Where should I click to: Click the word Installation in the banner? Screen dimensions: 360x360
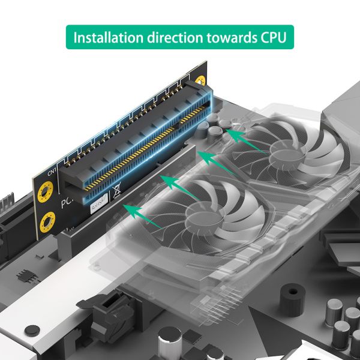pos(107,37)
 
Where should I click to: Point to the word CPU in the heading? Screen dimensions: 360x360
pos(272,37)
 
